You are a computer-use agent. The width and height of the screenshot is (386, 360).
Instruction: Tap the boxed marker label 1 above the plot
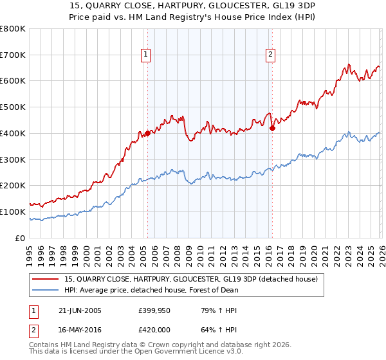pyautogui.click(x=147, y=55)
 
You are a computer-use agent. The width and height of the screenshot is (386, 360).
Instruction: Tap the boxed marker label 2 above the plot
pyautogui.click(x=271, y=55)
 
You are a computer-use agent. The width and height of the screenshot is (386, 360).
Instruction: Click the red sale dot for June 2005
pyautogui.click(x=147, y=134)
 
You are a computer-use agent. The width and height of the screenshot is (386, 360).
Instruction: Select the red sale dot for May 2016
pyautogui.click(x=272, y=128)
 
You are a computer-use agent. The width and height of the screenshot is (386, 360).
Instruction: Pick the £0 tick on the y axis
pyautogui.click(x=21, y=238)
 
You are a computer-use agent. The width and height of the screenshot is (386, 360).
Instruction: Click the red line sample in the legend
pyautogui.click(x=47, y=280)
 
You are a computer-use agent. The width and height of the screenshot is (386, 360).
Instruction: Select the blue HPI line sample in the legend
pyautogui.click(x=47, y=290)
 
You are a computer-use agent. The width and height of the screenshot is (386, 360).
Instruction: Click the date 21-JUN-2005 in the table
pyautogui.click(x=79, y=310)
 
